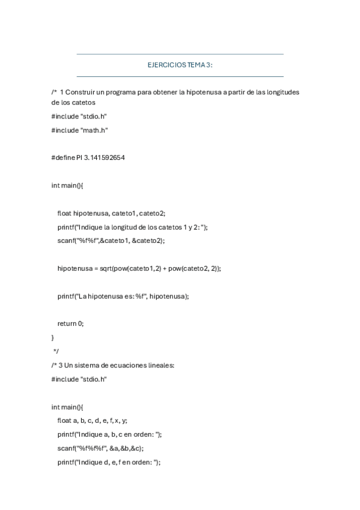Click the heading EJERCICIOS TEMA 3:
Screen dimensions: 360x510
pos(180,65)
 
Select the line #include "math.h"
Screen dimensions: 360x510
pos(80,130)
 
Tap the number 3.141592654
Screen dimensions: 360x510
pos(106,158)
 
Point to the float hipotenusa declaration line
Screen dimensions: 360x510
pos(111,213)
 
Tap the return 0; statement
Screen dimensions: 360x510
pos(71,324)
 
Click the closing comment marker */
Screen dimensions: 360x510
pos(56,351)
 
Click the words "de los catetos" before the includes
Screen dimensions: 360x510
pos(75,102)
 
